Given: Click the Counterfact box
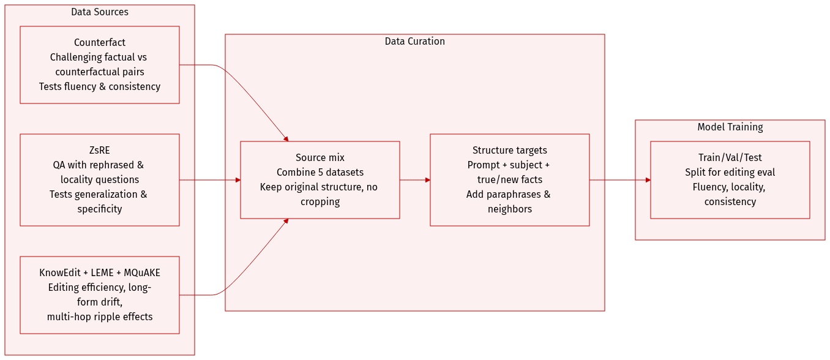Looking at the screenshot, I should tap(99, 64).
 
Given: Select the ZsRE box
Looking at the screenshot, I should tap(99, 179).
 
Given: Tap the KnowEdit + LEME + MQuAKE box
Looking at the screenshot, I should tap(99, 294).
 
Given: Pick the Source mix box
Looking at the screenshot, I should tap(320, 179).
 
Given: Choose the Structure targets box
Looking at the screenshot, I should tap(509, 179).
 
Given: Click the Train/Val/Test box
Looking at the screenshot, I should tap(730, 179).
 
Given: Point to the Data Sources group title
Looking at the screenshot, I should tap(100, 12).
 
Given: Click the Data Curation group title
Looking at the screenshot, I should tap(414, 42).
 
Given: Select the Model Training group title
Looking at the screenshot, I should tap(730, 127).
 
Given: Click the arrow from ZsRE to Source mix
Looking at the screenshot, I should tap(209, 180).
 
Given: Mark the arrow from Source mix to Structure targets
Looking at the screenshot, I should tap(414, 180).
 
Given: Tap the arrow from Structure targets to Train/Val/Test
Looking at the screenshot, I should tap(619, 180).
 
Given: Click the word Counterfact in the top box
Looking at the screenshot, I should tap(100, 43).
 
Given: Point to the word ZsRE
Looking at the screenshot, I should tap(100, 151).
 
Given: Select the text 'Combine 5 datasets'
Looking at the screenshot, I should tap(320, 173).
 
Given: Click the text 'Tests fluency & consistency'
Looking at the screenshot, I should tap(100, 87).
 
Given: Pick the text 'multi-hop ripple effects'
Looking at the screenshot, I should tap(100, 317).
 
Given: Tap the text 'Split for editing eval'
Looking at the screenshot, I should tap(730, 173).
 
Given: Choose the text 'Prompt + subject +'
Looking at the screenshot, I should tap(509, 165).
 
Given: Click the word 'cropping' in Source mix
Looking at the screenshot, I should tap(320, 202).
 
